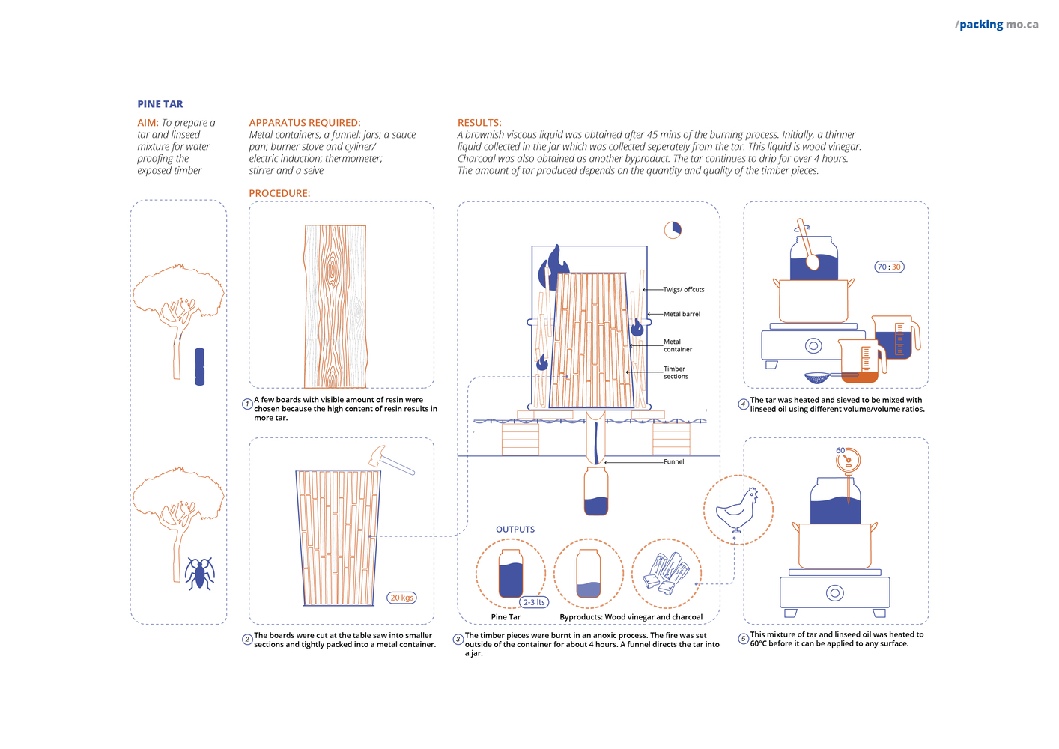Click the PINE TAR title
click(160, 104)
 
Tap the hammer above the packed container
click(389, 460)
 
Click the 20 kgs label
click(401, 598)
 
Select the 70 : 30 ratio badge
click(889, 267)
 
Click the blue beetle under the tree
click(199, 573)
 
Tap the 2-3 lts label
click(534, 602)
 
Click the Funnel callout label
click(673, 461)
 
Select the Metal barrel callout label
click(682, 314)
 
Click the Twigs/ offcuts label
click(683, 289)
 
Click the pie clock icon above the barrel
click(673, 230)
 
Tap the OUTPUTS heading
click(515, 530)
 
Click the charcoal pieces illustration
click(667, 572)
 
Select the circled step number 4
click(744, 404)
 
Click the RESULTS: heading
click(479, 123)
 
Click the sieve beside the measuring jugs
click(822, 377)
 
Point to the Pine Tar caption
click(506, 617)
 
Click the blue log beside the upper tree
click(199, 366)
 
